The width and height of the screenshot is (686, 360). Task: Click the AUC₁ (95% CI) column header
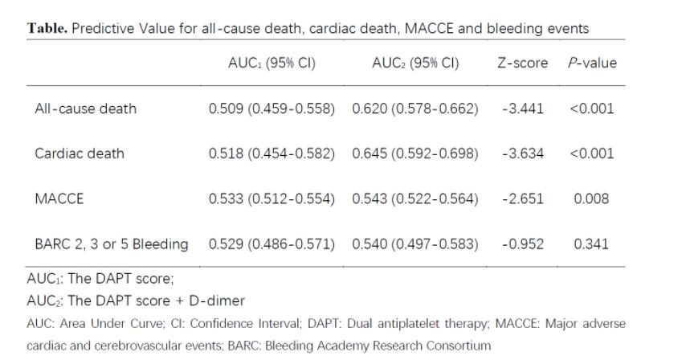coord(272,63)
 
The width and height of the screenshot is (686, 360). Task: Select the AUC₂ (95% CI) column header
coord(414,63)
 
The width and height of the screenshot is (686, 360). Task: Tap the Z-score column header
coord(522,63)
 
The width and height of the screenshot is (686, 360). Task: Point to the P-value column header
coord(590,63)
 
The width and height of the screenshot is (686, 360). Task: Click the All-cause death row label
coord(85,108)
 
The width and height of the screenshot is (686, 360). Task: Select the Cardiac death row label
coord(80,153)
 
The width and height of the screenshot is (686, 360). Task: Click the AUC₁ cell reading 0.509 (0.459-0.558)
coord(272,108)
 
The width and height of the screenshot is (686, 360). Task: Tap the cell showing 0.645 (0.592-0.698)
coord(415,153)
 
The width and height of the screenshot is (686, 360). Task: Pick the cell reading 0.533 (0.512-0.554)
coord(272,198)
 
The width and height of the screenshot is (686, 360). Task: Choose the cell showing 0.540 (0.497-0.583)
coord(415,243)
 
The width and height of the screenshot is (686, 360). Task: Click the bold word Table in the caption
coord(50,28)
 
